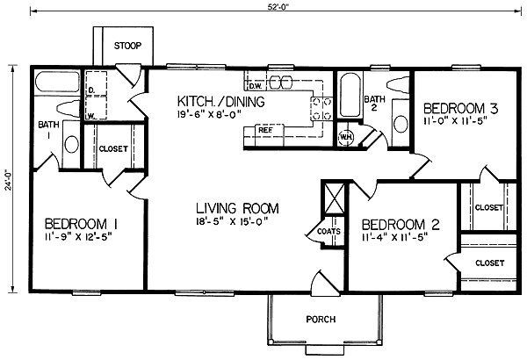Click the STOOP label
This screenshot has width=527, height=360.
(127, 46)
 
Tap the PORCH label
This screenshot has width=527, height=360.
(321, 319)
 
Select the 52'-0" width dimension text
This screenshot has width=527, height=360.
(278, 7)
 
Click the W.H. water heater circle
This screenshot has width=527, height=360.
(346, 138)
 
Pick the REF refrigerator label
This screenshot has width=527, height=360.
(265, 130)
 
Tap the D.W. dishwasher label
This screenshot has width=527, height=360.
(256, 86)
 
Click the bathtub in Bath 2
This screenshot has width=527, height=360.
(351, 95)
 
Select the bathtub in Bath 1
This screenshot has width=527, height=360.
(57, 81)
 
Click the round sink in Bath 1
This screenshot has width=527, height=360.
(71, 144)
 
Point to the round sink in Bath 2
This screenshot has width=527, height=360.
(401, 124)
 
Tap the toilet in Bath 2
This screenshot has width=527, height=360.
(398, 84)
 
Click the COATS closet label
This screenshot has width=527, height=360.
(328, 231)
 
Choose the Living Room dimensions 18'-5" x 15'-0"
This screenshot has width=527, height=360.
(234, 221)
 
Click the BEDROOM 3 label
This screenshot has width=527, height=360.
(460, 109)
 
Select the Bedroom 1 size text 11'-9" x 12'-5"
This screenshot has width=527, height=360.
(77, 237)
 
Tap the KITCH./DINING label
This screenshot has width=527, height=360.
(220, 101)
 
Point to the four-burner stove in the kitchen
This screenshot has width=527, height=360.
(321, 109)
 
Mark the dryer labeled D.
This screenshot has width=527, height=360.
(95, 83)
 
